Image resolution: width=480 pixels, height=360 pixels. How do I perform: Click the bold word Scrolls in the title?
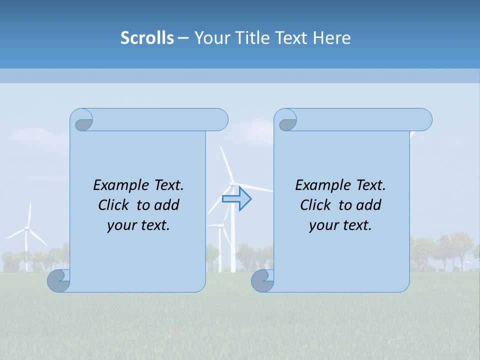(x=147, y=38)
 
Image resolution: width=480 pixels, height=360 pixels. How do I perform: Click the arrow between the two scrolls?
(x=236, y=199)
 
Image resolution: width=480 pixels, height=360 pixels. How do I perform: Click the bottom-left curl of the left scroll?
(x=58, y=280)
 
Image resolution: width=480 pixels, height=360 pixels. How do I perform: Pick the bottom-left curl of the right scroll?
(x=262, y=280)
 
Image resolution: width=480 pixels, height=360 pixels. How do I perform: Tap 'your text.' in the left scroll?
(x=138, y=225)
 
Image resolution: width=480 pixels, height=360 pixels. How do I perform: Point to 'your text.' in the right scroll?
(x=340, y=225)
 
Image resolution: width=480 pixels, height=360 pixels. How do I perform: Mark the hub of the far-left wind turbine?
(x=27, y=228)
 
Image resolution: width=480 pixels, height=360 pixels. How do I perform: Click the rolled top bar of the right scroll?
(x=360, y=119)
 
